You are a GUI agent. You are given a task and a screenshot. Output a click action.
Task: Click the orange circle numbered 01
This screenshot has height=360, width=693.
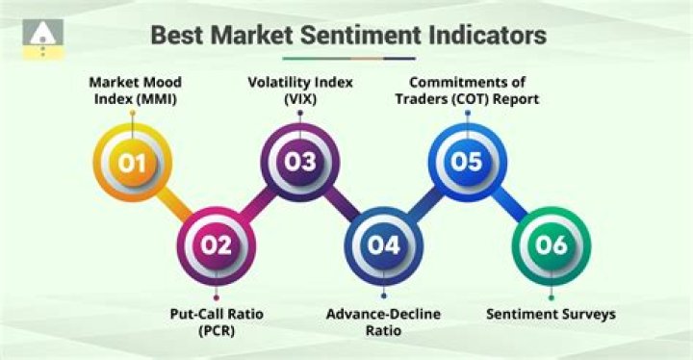(x=133, y=163)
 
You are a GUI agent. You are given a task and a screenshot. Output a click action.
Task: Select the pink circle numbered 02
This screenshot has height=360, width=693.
(x=217, y=244)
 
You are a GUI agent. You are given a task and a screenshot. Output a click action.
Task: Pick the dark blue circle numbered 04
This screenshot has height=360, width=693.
(x=383, y=244)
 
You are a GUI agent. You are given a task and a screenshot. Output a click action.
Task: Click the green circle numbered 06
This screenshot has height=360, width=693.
(x=552, y=244)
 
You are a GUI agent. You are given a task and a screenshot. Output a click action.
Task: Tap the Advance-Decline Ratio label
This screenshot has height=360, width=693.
(x=383, y=321)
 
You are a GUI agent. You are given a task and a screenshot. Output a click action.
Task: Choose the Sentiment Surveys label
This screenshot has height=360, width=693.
(x=552, y=315)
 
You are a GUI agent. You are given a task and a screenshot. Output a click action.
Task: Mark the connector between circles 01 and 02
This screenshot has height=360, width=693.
(x=175, y=204)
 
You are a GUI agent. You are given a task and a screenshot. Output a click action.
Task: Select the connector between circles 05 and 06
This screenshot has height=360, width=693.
(x=509, y=203)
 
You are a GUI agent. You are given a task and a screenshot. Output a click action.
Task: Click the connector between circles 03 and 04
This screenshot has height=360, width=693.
(x=342, y=203)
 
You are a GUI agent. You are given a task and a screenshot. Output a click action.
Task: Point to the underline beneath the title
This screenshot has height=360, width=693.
(x=346, y=58)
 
